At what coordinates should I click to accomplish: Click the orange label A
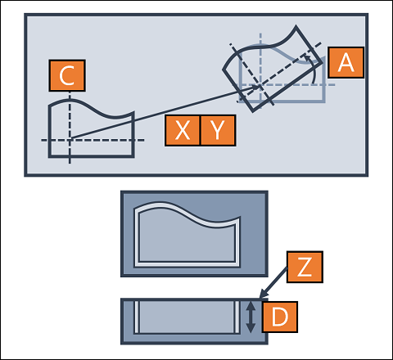(346, 62)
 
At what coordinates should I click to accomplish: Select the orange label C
(67, 75)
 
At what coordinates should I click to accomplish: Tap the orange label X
(183, 130)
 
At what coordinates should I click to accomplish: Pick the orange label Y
(218, 130)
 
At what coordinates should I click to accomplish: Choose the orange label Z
(305, 267)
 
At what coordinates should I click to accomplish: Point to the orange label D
(280, 317)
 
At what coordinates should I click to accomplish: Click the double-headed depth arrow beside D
(251, 317)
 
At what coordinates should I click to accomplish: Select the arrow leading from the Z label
(273, 282)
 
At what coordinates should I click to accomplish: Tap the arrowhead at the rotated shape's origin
(256, 88)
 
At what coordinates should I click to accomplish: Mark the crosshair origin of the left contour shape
(70, 140)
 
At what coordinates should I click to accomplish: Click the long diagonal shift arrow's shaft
(164, 113)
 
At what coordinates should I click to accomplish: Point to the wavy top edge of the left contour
(91, 109)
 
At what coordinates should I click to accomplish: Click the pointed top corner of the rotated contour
(296, 26)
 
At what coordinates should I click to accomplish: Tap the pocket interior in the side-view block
(187, 317)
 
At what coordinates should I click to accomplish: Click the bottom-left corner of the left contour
(49, 156)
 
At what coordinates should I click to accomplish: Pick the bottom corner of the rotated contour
(253, 111)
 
